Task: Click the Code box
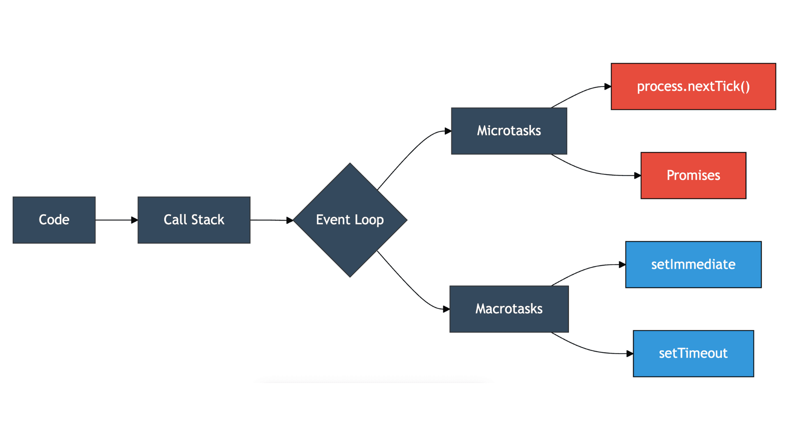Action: point(54,220)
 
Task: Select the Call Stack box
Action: point(194,220)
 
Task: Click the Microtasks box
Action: point(509,131)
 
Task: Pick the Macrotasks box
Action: point(509,309)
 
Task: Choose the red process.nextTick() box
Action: point(693,87)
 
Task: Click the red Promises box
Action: point(693,176)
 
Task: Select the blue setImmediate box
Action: point(693,265)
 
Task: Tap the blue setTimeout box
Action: point(693,354)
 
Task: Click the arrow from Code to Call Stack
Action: point(115,220)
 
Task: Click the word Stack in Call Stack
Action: point(208,220)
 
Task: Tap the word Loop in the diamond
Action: point(369,220)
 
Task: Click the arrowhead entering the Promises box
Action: point(637,176)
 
